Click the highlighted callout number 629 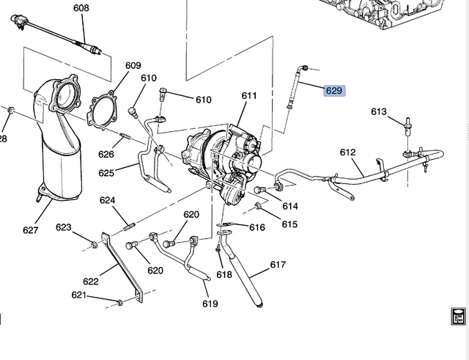(x=333, y=91)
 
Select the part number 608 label (x=81, y=8)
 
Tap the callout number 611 (x=249, y=96)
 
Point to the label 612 (x=347, y=153)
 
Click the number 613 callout (x=378, y=112)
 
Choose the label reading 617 (x=278, y=265)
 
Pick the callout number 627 (x=30, y=230)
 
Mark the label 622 (x=91, y=282)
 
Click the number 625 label (x=107, y=173)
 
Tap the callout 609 (x=133, y=66)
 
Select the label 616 (x=256, y=227)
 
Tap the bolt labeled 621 (x=119, y=301)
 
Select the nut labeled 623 (x=95, y=243)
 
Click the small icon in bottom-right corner (x=457, y=316)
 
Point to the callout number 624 (x=108, y=200)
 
